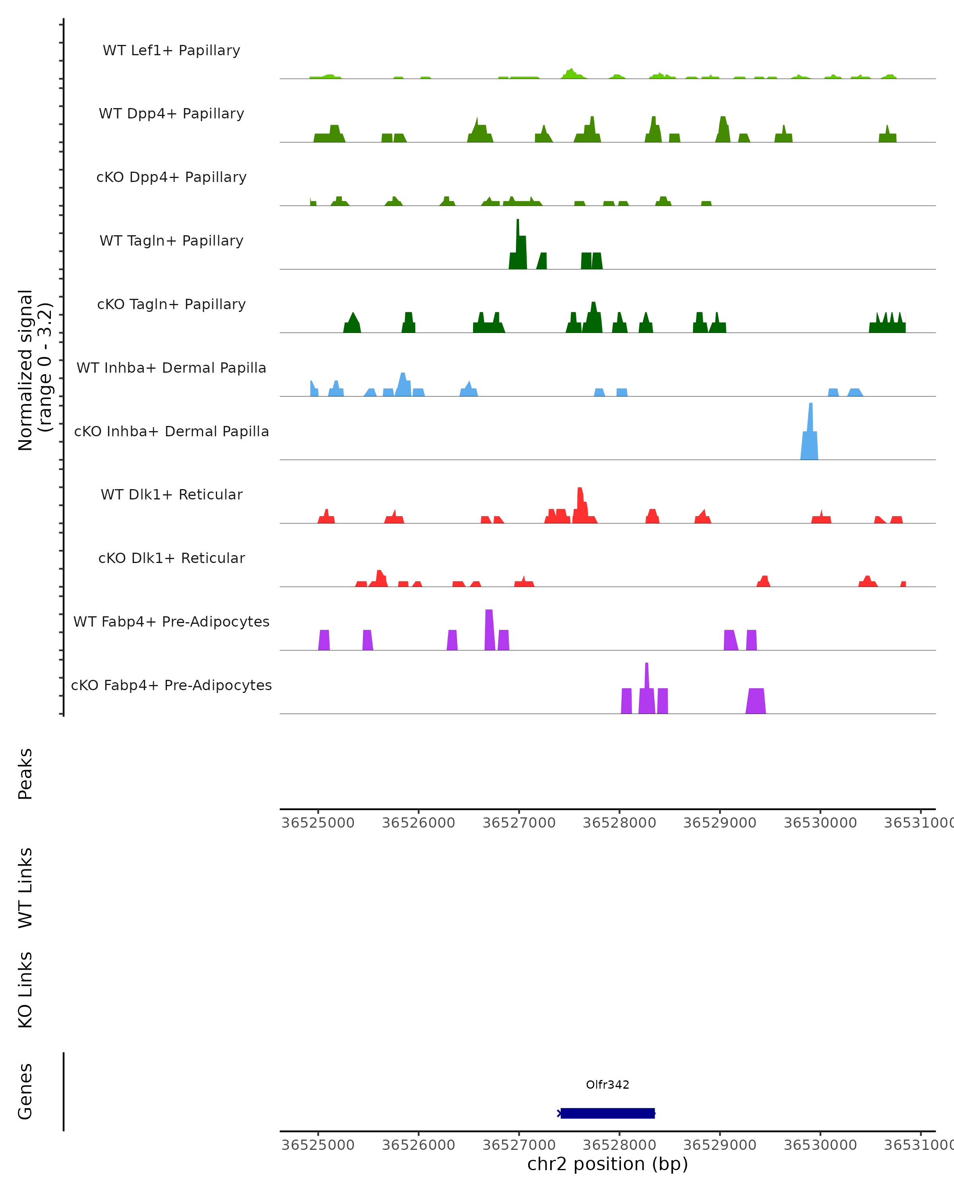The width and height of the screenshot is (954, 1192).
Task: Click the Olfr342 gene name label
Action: coord(607,1085)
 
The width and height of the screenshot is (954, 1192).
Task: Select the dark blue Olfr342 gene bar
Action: coord(607,1113)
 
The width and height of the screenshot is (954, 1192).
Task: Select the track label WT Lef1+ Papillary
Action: coord(171,50)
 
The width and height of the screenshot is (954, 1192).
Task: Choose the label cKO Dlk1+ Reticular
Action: coord(171,558)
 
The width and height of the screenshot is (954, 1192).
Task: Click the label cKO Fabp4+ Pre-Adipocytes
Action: coord(171,685)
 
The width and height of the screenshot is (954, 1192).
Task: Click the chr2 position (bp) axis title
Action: coord(607,1164)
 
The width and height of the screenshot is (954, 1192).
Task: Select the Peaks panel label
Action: coord(25,774)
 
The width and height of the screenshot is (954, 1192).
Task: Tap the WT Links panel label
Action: coord(25,887)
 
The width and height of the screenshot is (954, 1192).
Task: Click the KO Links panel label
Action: coord(25,990)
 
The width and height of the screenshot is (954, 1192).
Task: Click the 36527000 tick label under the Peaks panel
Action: coord(519,823)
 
